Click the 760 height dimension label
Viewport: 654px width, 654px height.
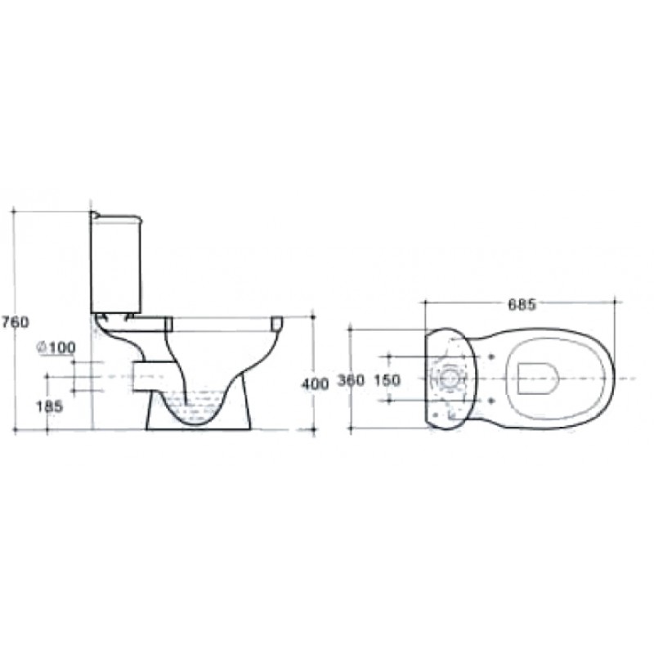pos(15,322)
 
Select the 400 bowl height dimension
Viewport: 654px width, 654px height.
pos(315,383)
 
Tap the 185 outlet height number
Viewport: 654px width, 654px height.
pos(49,406)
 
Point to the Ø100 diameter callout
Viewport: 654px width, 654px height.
pos(56,347)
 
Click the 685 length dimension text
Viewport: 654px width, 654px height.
pos(522,305)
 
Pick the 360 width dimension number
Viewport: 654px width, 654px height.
pos(352,380)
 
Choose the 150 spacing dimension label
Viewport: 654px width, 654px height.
pos(387,380)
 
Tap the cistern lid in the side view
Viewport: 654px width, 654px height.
pos(116,216)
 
